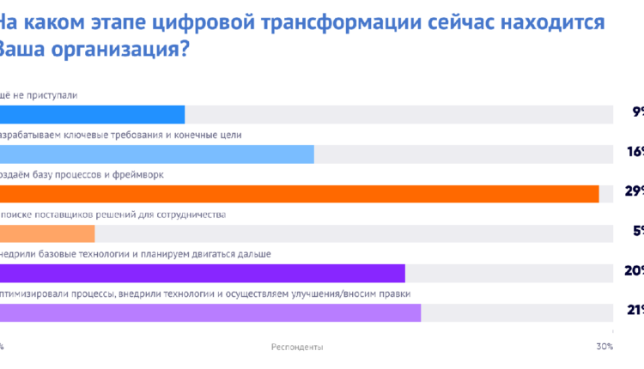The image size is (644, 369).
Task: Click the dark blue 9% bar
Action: pyautogui.click(x=92, y=114)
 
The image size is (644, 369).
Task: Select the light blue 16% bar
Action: pyautogui.click(x=156, y=154)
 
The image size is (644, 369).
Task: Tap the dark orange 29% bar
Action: pyautogui.click(x=299, y=194)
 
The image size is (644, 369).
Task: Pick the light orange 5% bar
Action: pyautogui.click(x=47, y=233)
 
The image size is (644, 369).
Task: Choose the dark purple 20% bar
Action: pyautogui.click(x=202, y=273)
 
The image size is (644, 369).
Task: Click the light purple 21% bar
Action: pyautogui.click(x=210, y=312)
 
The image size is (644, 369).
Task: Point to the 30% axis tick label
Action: pyautogui.click(x=604, y=347)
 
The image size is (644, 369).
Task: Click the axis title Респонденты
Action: pyautogui.click(x=297, y=347)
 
